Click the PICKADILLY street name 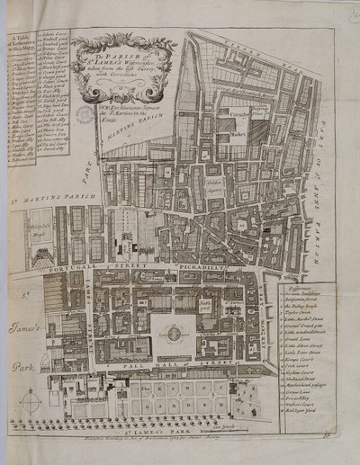point(191,267)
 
